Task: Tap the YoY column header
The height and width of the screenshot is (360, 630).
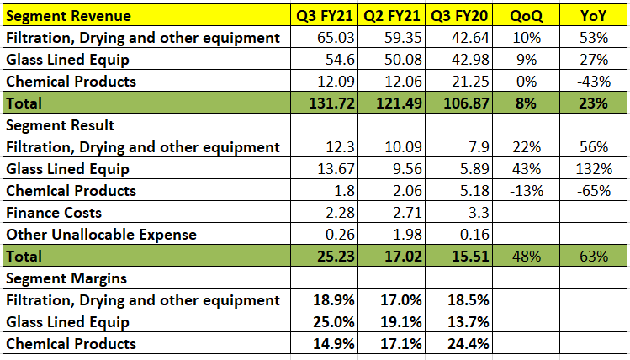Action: [x=594, y=16]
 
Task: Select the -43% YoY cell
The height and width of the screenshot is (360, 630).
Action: [x=595, y=82]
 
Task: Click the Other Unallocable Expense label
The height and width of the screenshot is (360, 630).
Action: [x=101, y=235]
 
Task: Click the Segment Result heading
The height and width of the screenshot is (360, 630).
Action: [x=61, y=125]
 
